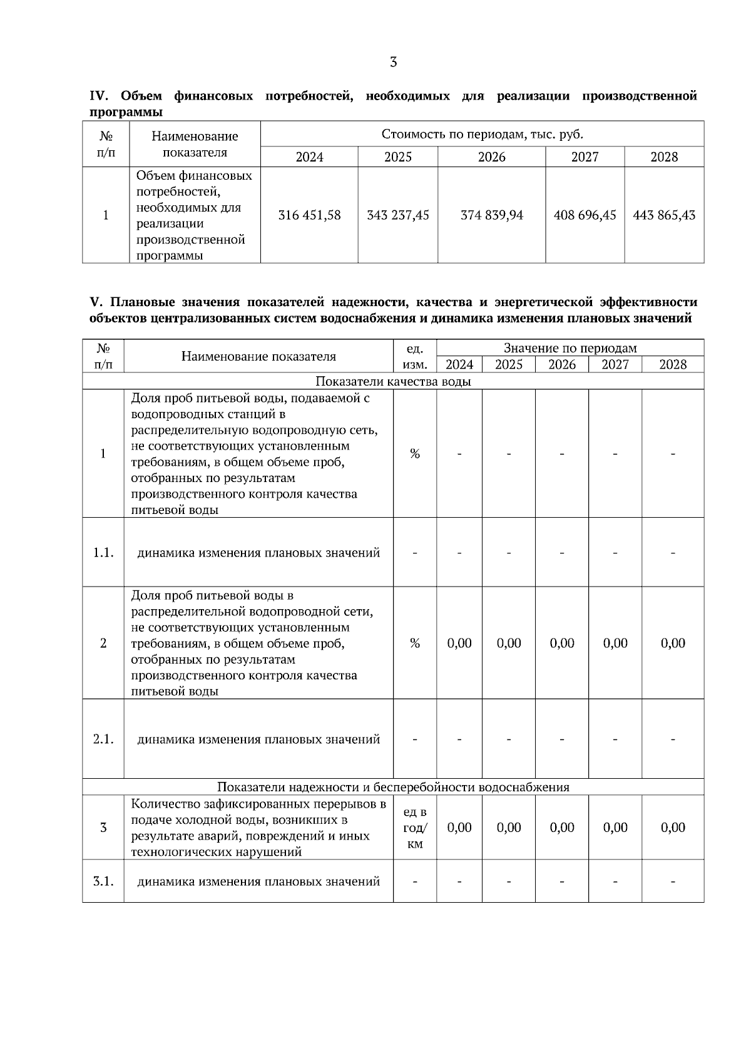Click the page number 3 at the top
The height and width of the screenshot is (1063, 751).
click(x=393, y=62)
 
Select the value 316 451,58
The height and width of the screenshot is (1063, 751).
click(x=309, y=215)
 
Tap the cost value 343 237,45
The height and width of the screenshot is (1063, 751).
click(x=398, y=215)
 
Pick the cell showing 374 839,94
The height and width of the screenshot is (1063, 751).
click(x=491, y=215)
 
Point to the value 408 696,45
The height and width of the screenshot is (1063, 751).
click(x=585, y=215)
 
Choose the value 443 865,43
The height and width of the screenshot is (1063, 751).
click(x=664, y=215)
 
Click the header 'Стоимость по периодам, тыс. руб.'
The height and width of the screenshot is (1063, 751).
click(x=482, y=134)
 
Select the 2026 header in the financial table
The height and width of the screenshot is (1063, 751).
click(x=491, y=157)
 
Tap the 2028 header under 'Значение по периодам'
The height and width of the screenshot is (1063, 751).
click(x=673, y=364)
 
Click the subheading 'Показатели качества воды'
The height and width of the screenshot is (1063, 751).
click(x=393, y=381)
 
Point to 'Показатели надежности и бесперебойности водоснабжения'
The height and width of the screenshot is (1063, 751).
click(x=393, y=787)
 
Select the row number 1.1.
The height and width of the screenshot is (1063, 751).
click(x=103, y=553)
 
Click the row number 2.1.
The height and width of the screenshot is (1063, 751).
click(x=103, y=739)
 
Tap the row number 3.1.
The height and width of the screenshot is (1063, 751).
click(x=103, y=881)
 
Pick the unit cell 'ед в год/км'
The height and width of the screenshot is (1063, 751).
click(x=414, y=828)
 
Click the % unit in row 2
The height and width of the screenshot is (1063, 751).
click(x=414, y=643)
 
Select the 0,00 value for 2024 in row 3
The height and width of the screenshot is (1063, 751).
click(x=459, y=828)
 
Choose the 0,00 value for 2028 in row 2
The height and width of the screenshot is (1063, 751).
click(x=673, y=643)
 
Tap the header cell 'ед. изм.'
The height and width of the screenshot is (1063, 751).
click(x=414, y=356)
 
